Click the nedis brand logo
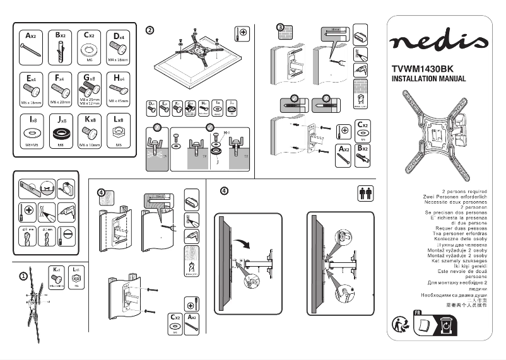(439, 42)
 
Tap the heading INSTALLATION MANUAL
(428, 79)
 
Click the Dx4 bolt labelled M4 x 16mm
(118, 48)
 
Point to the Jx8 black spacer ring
(61, 134)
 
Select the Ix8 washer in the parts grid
(31, 134)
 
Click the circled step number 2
(150, 30)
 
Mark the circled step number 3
(281, 27)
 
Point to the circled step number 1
(23, 276)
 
